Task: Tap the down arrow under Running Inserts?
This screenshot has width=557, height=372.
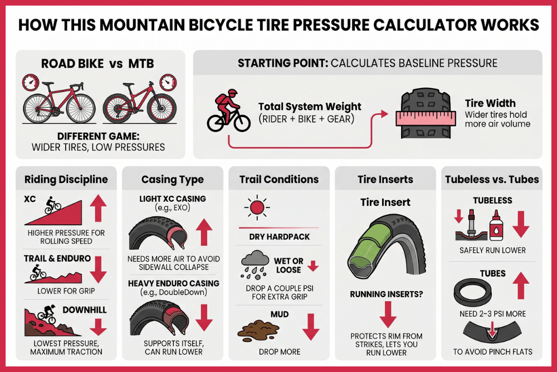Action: [385, 313]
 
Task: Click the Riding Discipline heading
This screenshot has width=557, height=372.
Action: [66, 180]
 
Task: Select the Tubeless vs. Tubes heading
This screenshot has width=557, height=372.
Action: [492, 180]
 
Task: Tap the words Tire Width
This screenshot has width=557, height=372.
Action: [490, 103]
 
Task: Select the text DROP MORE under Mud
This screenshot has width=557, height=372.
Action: [279, 352]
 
